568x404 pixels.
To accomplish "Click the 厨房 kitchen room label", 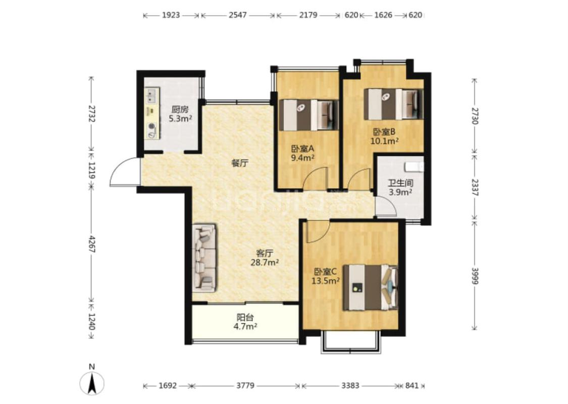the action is [x=180, y=109].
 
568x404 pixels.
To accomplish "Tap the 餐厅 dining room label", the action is [x=240, y=164].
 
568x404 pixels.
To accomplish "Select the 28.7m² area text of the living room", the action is [x=265, y=262].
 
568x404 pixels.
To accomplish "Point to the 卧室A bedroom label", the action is [x=302, y=148].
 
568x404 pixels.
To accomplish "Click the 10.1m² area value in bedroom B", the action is [x=384, y=141].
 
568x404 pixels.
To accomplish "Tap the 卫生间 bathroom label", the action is [x=400, y=183].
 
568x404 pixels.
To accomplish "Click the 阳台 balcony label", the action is [x=245, y=318].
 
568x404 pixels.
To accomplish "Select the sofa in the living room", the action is [x=204, y=258].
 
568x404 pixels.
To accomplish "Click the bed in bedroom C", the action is [x=370, y=287].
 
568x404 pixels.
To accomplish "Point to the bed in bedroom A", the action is [x=311, y=115].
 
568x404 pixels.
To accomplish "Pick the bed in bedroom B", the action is [x=393, y=104].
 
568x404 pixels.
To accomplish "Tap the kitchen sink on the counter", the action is [x=151, y=95].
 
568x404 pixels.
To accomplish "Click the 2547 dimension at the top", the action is [x=238, y=15].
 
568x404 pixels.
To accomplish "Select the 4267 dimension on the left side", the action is [x=92, y=244].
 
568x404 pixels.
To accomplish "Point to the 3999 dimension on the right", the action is [x=475, y=275].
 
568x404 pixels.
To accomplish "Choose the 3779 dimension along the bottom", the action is [x=245, y=385].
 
